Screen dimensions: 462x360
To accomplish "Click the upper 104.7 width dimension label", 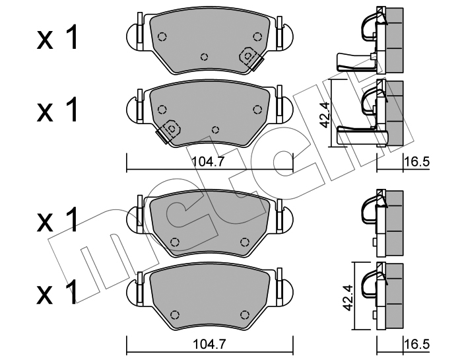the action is (209, 161).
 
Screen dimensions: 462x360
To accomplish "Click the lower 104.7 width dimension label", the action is (209, 343).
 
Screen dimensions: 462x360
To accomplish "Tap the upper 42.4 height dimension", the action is (324, 115).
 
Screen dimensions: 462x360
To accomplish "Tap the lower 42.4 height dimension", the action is (348, 297).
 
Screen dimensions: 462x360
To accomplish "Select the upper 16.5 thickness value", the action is (416, 162).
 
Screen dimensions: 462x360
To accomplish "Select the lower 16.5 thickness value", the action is (416, 344).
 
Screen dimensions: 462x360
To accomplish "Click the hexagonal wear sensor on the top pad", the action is (248, 55).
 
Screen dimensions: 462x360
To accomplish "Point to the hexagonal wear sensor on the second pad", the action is (172, 128).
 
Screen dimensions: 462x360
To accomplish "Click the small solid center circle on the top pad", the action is (204, 57).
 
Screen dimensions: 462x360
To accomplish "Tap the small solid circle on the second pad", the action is (216, 129).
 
